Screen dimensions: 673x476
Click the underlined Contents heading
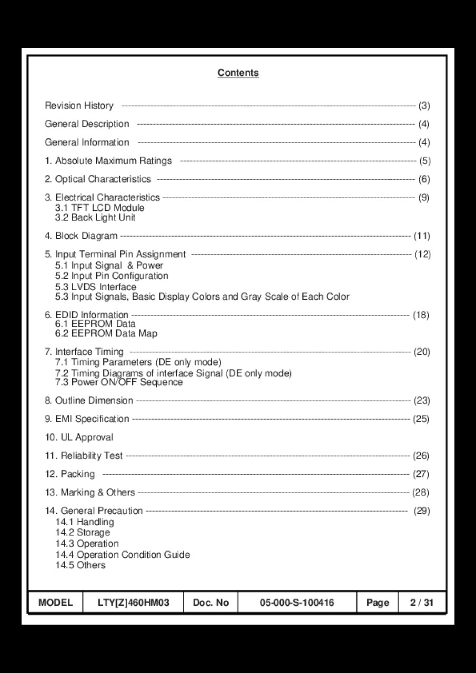tap(238, 73)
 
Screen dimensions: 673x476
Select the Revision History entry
tap(79, 106)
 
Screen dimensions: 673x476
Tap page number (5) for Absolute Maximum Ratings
tap(424, 161)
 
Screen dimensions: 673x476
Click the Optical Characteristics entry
tap(98, 179)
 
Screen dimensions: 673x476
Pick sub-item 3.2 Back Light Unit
tap(95, 217)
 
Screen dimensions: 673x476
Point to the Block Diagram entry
tap(81, 236)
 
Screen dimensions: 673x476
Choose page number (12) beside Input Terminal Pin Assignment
tap(422, 254)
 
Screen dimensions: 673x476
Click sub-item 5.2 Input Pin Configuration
tap(112, 276)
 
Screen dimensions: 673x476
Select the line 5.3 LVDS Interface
tap(96, 287)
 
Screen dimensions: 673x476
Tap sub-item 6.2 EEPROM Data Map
tap(106, 333)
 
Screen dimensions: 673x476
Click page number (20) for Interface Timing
tap(422, 352)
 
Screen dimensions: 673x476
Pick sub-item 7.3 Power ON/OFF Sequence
tap(119, 382)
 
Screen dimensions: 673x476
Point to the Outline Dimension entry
tap(89, 401)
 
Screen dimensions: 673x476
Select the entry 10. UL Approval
tap(79, 437)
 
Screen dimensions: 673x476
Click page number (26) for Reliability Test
tap(421, 456)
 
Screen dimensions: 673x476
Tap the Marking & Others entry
tap(90, 493)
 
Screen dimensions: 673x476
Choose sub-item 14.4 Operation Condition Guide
tap(123, 555)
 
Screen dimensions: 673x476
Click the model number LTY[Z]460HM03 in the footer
tap(134, 603)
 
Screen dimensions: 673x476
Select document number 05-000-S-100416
tap(297, 603)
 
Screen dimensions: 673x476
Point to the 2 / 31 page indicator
tap(422, 603)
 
